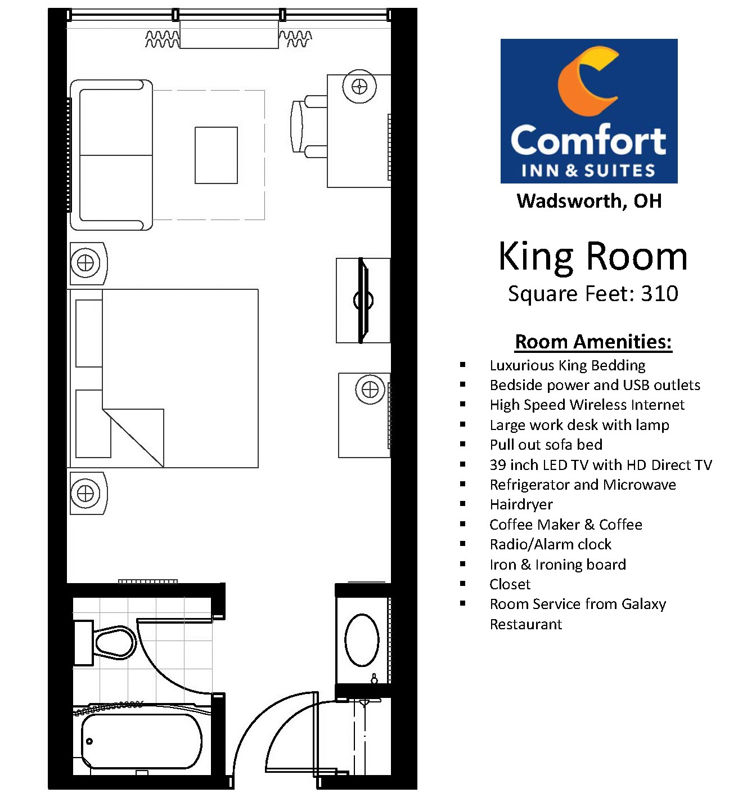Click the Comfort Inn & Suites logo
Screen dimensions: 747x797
coord(588,111)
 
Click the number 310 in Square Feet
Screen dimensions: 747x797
coord(660,293)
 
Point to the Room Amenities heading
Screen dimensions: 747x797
coord(593,342)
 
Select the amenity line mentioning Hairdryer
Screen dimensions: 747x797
coord(521,504)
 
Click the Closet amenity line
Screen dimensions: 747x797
coord(510,584)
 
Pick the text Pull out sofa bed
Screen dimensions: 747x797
coord(546,444)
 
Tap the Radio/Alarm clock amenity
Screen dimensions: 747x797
coord(551,544)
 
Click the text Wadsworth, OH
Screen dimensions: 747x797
coord(589,200)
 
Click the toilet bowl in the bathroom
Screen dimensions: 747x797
coord(115,643)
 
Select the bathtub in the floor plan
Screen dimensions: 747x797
coord(142,741)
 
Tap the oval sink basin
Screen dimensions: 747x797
coord(362,641)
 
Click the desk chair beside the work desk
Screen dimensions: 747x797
coord(308,127)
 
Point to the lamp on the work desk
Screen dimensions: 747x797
coord(359,86)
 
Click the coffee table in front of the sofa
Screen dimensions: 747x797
coord(216,155)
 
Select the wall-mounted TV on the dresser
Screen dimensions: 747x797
coord(363,301)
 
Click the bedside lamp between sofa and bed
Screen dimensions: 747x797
coord(85,263)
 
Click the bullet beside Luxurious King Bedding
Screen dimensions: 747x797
coord(462,365)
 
